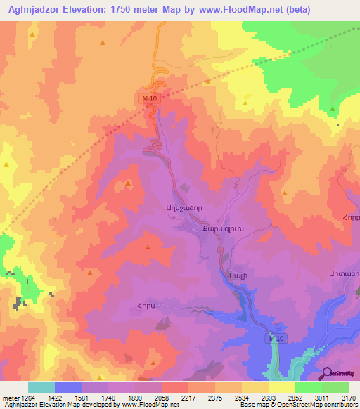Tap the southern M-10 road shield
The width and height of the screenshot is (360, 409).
pyautogui.click(x=276, y=339)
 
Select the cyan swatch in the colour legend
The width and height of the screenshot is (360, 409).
pyautogui.click(x=41, y=387)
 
